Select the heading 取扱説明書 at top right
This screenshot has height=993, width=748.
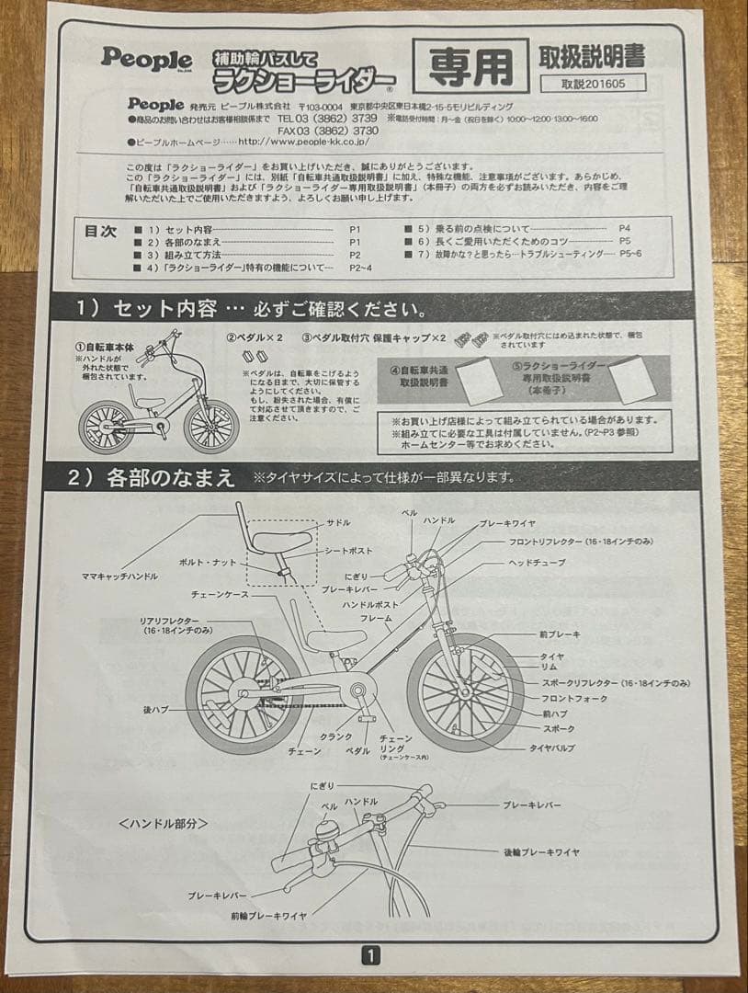(591, 55)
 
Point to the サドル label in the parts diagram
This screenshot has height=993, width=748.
(339, 522)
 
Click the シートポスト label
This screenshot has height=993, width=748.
(349, 550)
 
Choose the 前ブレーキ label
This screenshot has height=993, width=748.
(561, 634)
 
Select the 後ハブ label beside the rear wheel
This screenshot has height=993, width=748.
(153, 710)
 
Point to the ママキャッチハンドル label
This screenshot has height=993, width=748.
(119, 576)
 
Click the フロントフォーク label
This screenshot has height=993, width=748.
(568, 699)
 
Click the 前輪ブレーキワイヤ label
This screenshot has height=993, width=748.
(269, 916)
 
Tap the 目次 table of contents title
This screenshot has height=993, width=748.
(100, 232)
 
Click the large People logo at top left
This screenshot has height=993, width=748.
(146, 58)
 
